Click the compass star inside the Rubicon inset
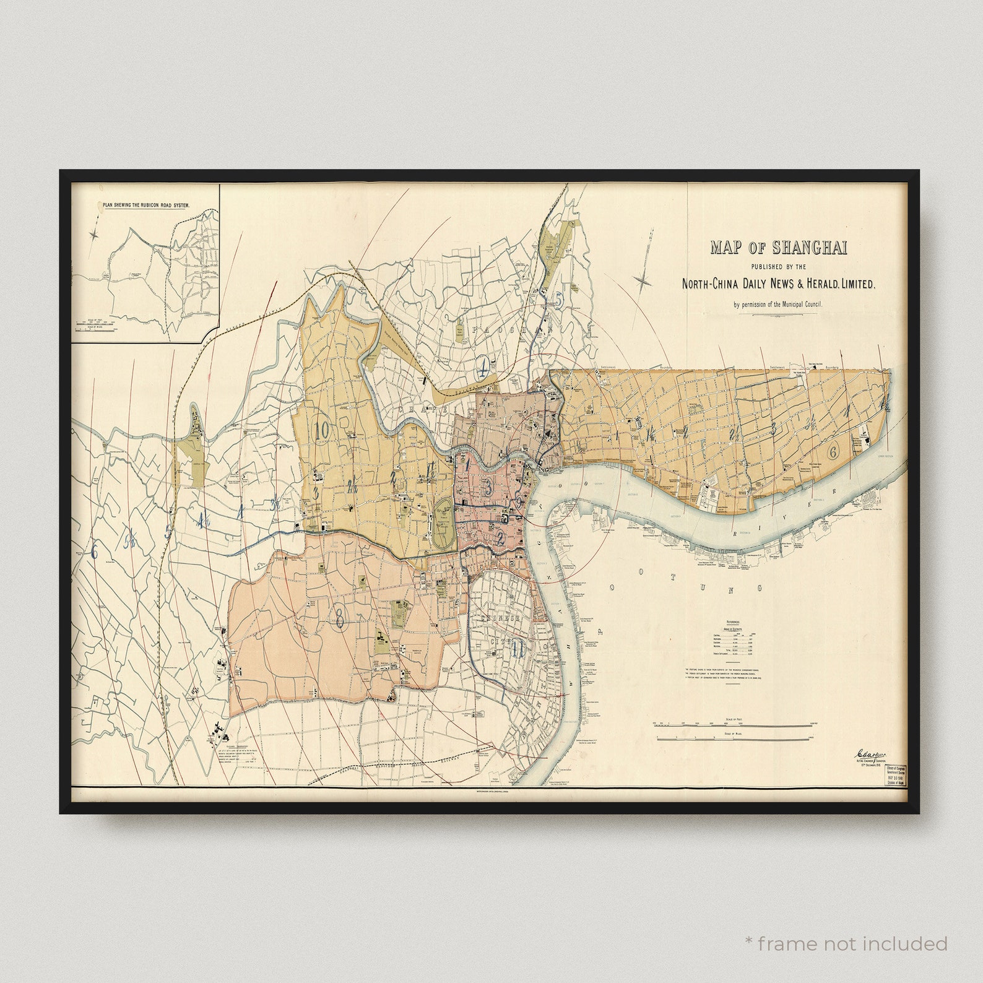click(x=95, y=235)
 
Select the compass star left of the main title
click(x=644, y=282)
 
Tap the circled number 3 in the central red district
click(x=488, y=487)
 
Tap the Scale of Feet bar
click(x=734, y=723)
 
